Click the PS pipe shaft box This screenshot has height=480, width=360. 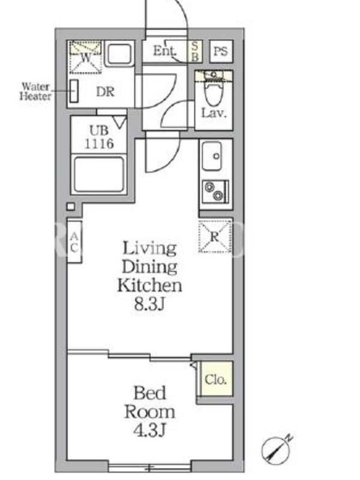(x=221, y=51)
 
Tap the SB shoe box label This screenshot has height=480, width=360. (x=195, y=51)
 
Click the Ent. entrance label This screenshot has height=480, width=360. (x=164, y=51)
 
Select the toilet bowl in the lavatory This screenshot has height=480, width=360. (x=214, y=91)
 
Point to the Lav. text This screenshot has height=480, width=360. (x=214, y=113)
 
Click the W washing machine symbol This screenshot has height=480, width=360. (x=85, y=57)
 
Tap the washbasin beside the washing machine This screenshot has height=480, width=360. (x=119, y=53)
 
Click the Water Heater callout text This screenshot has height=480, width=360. (x=35, y=91)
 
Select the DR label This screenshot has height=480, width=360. (x=105, y=92)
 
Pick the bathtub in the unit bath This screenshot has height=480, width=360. (x=99, y=174)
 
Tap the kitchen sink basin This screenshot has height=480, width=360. (x=212, y=156)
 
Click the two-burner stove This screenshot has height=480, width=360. (x=215, y=191)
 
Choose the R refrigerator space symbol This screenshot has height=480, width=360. (x=215, y=236)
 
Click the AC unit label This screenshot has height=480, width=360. (x=74, y=242)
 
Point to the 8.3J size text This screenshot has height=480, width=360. (x=149, y=304)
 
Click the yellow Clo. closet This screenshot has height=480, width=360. (x=215, y=379)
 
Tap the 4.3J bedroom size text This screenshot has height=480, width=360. (x=149, y=430)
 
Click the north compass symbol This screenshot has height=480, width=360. (x=277, y=449)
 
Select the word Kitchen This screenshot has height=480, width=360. (x=149, y=286)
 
